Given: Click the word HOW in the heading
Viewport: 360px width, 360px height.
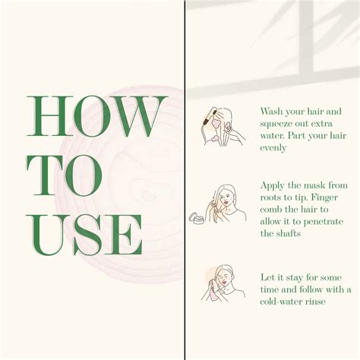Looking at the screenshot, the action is pos(97,116).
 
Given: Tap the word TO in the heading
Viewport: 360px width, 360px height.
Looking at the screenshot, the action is pos(65,176).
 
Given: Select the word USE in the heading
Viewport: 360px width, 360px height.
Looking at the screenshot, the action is pos(84,235).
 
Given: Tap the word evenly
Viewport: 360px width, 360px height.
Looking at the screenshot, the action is pos(273,148).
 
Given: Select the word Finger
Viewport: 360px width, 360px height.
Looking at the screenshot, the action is pos(324,197).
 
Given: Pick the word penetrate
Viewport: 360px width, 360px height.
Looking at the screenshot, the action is pos(324,222).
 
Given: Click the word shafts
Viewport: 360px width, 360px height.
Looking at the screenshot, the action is pos(289,233).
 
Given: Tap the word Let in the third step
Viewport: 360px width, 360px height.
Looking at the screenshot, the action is pos(267,277).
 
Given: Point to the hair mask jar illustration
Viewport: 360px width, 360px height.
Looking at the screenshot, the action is pos(198,218).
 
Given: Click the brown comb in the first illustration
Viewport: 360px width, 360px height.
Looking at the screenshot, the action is pos(210,116).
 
